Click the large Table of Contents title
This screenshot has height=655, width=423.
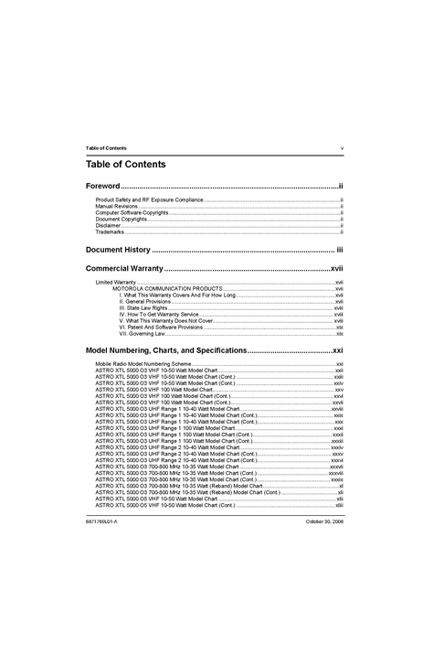[125, 165]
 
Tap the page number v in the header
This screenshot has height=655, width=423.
[342, 147]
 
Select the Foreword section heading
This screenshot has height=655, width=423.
[102, 186]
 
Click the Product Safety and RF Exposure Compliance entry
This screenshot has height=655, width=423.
[149, 199]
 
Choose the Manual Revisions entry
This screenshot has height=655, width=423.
[117, 207]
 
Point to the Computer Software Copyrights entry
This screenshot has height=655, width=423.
[132, 213]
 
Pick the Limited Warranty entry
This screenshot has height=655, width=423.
[116, 283]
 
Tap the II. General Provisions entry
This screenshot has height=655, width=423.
[144, 302]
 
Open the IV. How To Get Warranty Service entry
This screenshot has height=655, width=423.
[158, 315]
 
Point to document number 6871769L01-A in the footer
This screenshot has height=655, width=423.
[101, 521]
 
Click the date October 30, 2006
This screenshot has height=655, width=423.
[323, 521]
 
